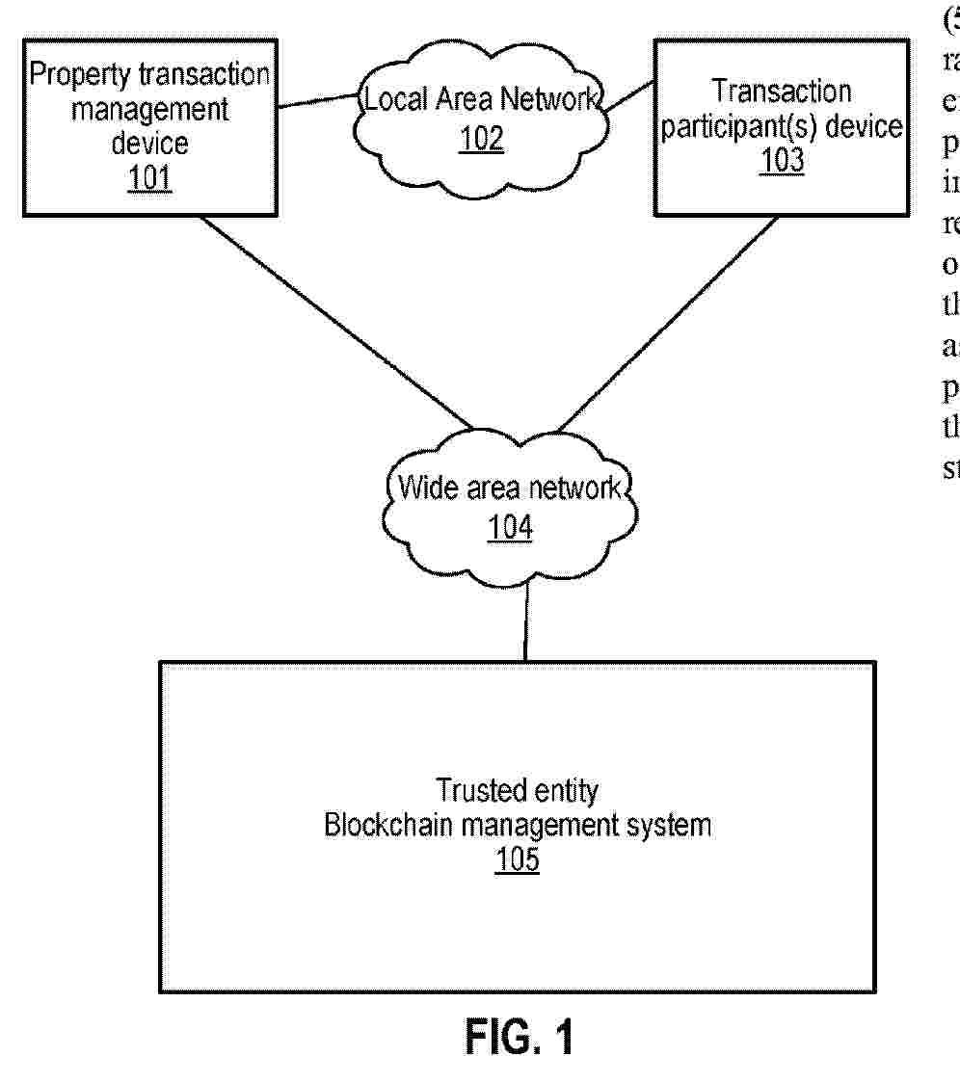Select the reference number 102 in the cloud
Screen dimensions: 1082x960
tap(481, 138)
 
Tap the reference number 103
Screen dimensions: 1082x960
tap(781, 160)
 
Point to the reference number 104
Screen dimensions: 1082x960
tap(510, 527)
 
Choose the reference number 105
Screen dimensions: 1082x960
tap(518, 859)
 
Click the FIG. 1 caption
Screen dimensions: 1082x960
tap(520, 1038)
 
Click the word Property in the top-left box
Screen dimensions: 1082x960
tap(68, 76)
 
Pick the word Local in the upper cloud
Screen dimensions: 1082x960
tap(389, 99)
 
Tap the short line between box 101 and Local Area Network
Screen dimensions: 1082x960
tap(316, 100)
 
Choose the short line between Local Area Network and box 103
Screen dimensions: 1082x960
tap(629, 95)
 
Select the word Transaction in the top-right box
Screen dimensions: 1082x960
tap(781, 92)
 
